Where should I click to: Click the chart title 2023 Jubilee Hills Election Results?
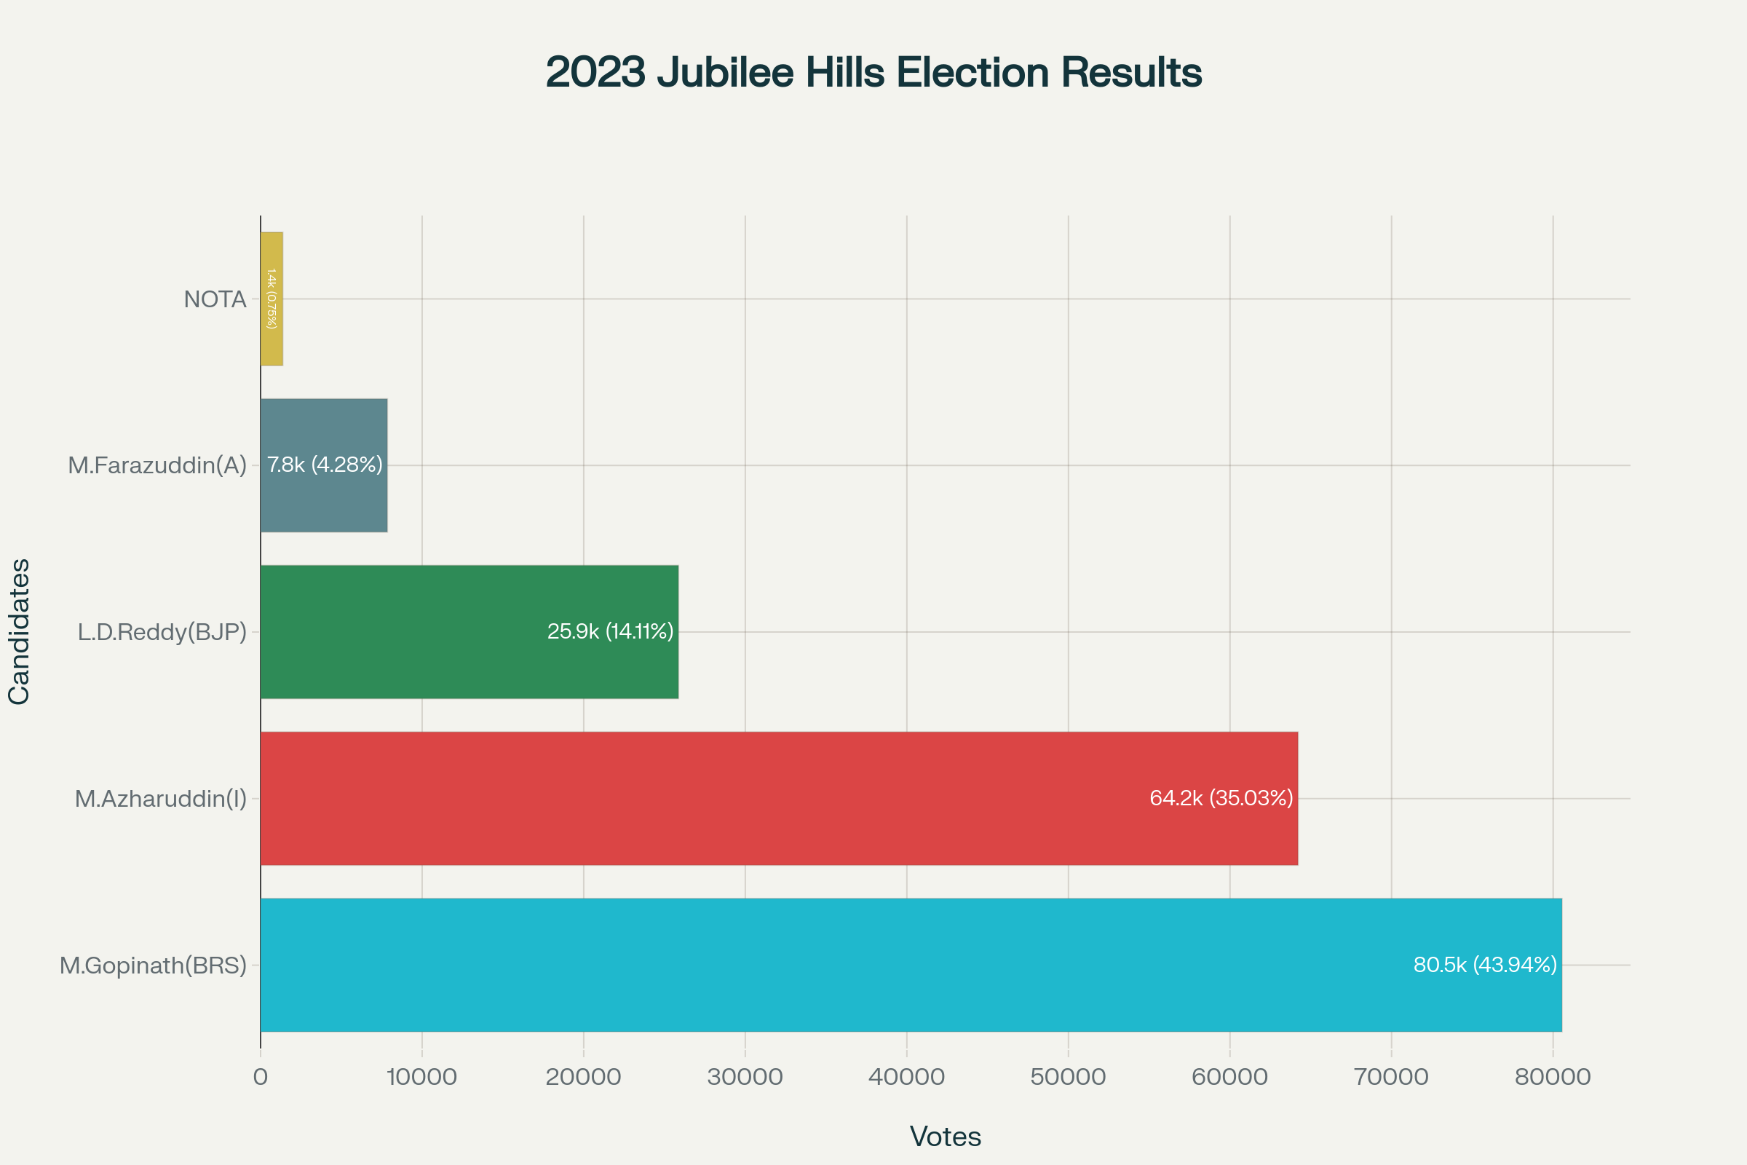click(x=873, y=73)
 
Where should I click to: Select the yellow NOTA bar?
click(x=272, y=299)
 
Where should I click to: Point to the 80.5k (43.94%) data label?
click(x=1485, y=964)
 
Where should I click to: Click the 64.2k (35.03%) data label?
click(x=1221, y=798)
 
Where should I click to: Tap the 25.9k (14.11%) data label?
click(x=610, y=631)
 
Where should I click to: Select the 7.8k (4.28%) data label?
click(x=325, y=465)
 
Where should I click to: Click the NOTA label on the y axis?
click(x=215, y=299)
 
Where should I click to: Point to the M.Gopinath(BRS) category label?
click(x=153, y=965)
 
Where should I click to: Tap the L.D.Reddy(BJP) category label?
click(x=162, y=632)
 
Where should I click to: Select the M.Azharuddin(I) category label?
click(x=160, y=799)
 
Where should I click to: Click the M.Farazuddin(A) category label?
click(x=157, y=465)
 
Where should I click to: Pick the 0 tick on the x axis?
click(x=260, y=1077)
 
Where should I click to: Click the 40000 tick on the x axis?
click(x=906, y=1077)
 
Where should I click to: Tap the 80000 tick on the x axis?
click(x=1553, y=1077)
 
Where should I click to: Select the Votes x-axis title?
click(x=945, y=1137)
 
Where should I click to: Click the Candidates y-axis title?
click(x=19, y=631)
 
